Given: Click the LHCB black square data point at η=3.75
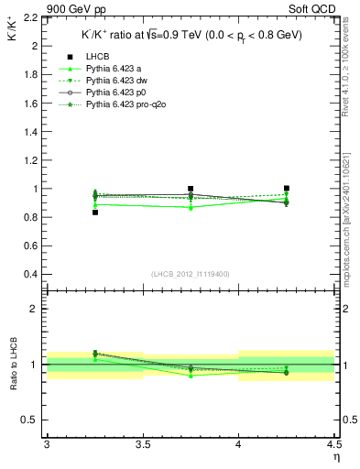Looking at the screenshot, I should click(191, 189).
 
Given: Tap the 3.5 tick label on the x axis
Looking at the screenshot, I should click(143, 444).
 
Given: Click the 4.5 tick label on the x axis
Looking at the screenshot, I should click(333, 444).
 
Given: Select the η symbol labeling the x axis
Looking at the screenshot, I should click(336, 456).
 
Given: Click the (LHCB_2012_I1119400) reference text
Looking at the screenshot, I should click(191, 274).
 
